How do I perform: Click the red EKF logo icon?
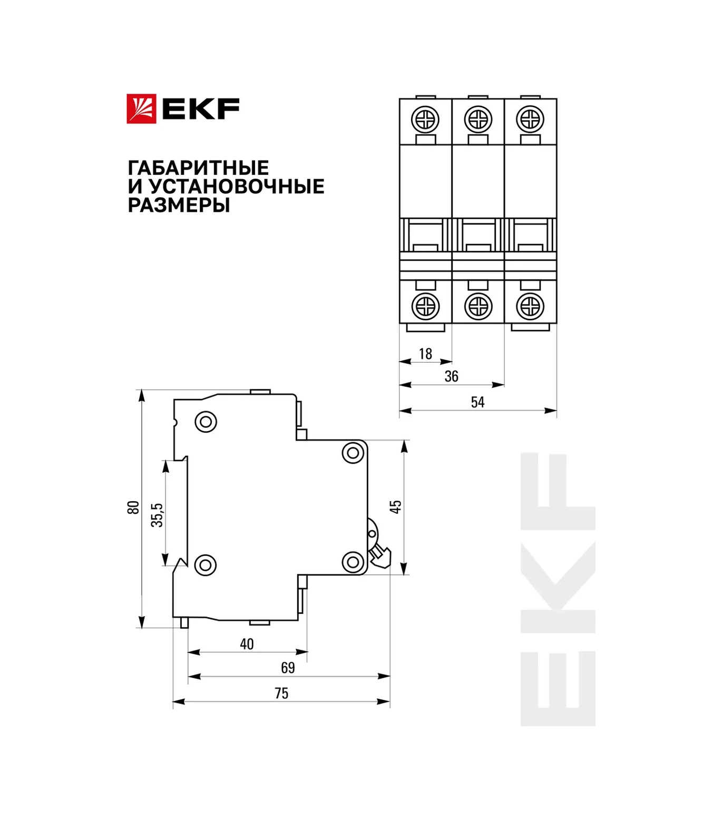(141, 109)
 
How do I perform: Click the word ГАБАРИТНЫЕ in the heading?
(198, 168)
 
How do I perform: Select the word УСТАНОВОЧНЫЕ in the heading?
(236, 187)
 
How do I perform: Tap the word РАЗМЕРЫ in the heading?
(179, 205)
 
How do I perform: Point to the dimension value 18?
(425, 354)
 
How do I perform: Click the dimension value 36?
(451, 376)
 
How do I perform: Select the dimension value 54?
(477, 402)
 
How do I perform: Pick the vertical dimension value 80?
(133, 507)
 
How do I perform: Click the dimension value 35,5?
(157, 515)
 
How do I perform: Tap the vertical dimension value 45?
(395, 506)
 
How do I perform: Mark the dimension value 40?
(247, 644)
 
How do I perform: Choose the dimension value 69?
(288, 668)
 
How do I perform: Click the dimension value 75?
(281, 693)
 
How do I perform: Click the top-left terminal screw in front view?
(425, 120)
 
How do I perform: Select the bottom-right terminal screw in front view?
(530, 306)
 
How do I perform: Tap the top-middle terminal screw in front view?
(477, 120)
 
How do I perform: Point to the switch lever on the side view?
(379, 554)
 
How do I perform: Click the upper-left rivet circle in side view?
(206, 422)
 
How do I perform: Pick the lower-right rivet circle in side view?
(353, 562)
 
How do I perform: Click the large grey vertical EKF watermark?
(558, 589)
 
